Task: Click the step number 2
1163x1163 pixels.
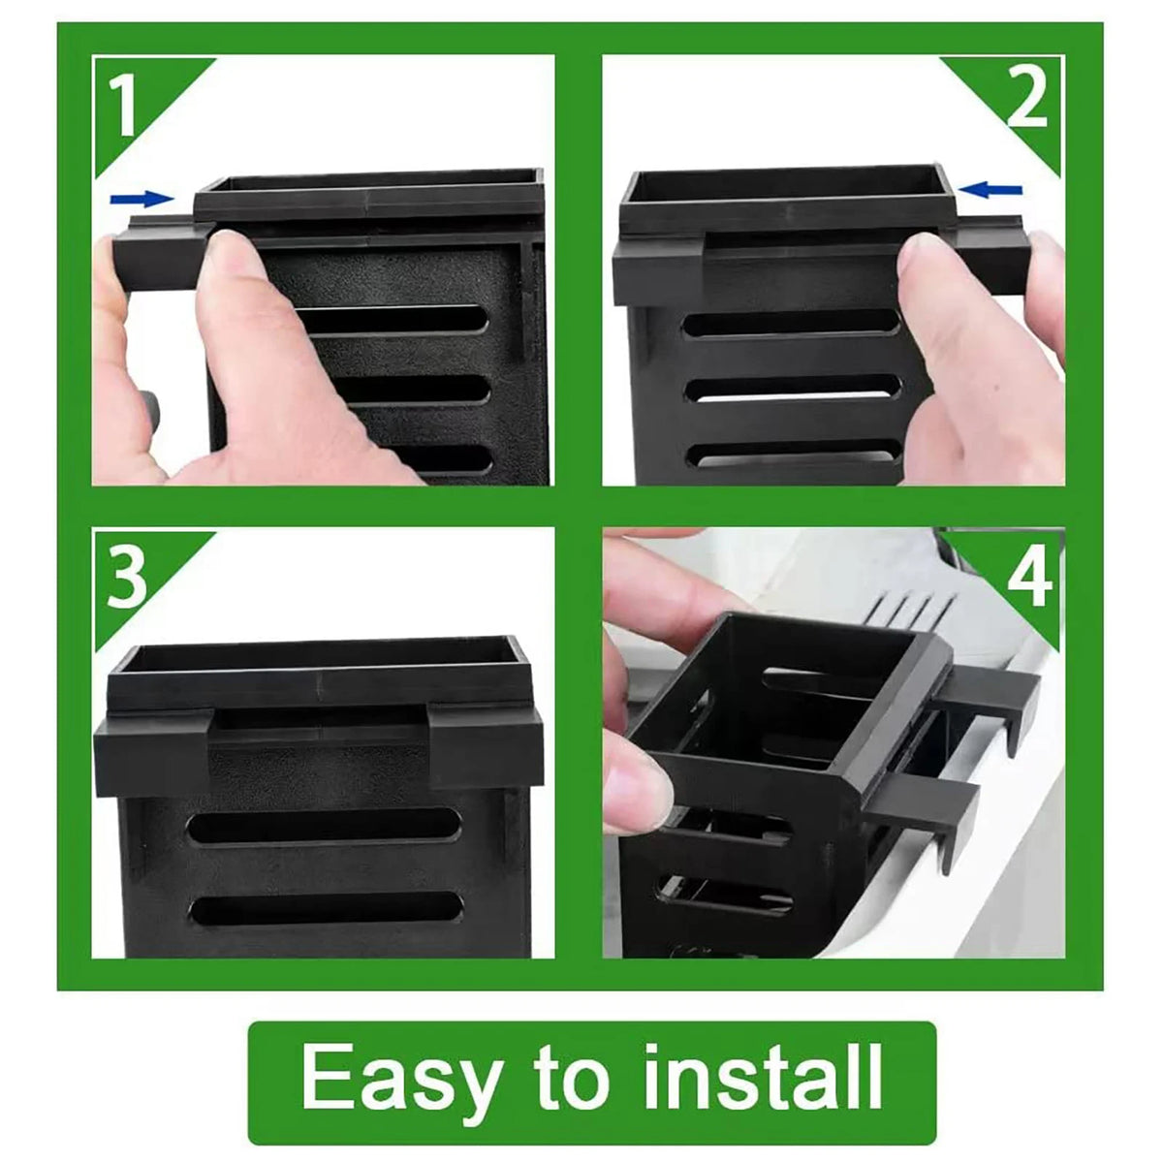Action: click(1026, 97)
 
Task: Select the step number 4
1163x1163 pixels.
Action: click(1029, 577)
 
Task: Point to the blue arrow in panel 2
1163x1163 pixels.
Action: click(990, 191)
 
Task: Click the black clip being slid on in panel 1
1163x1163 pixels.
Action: click(158, 255)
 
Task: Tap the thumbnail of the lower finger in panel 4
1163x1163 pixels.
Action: click(640, 780)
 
